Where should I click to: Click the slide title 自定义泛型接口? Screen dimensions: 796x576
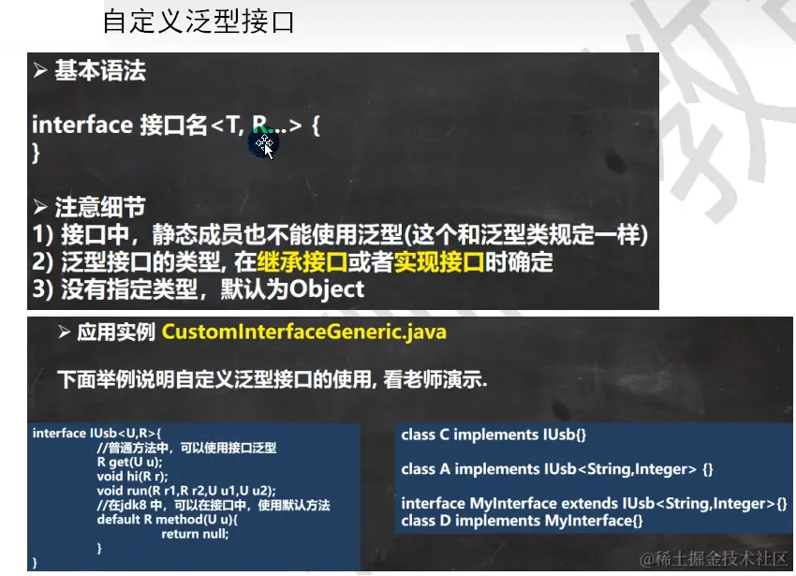tap(199, 22)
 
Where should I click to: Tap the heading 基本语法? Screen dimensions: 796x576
tap(100, 70)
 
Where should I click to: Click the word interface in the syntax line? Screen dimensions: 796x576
tap(82, 125)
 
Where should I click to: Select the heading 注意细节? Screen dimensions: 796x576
tap(100, 207)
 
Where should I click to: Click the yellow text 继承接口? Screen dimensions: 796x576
tap(302, 261)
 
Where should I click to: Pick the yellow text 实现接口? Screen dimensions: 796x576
tap(439, 261)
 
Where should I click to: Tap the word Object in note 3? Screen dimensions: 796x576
tap(327, 289)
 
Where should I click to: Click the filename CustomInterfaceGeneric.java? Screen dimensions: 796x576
tap(304, 332)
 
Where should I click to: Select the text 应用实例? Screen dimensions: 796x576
tap(116, 332)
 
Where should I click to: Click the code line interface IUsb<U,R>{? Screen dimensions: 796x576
tap(96, 433)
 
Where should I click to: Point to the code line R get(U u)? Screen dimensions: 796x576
tap(129, 462)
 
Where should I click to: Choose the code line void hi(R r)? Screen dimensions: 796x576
tap(132, 476)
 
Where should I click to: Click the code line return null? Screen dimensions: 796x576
tap(195, 534)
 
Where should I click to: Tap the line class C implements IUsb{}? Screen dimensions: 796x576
tap(494, 435)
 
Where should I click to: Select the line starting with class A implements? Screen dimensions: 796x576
tap(557, 469)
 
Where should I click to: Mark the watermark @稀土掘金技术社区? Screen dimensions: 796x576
tap(714, 558)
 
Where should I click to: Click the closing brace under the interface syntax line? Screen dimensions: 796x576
tap(36, 153)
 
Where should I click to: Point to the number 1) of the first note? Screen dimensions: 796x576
tap(42, 235)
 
